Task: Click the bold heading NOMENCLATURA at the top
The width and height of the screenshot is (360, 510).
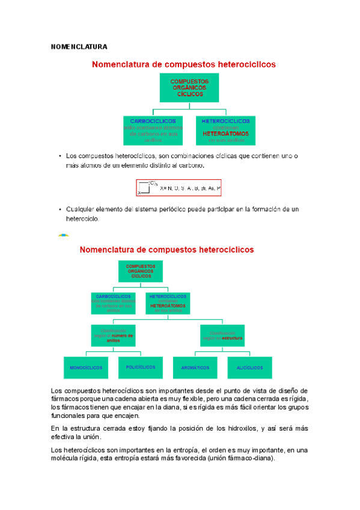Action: click(x=79, y=46)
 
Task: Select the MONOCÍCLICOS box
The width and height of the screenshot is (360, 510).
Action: click(x=86, y=367)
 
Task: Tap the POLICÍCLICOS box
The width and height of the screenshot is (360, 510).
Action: click(x=141, y=367)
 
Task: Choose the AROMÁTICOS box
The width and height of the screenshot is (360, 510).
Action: click(x=195, y=367)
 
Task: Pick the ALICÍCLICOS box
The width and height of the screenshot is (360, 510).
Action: click(x=250, y=367)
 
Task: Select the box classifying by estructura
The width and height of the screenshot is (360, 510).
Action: click(x=222, y=335)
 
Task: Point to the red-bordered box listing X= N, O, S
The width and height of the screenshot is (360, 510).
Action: click(x=179, y=188)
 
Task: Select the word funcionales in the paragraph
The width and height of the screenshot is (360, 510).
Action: click(x=69, y=416)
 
